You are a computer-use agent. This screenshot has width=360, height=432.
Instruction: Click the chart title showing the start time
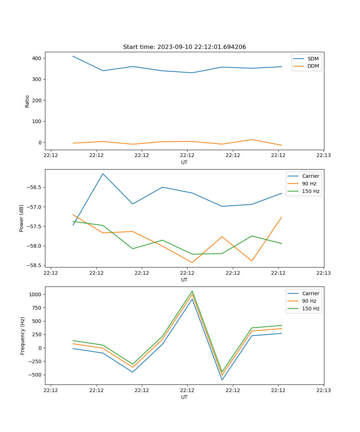point(184,47)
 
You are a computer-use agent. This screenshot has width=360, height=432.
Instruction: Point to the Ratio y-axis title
point(27,101)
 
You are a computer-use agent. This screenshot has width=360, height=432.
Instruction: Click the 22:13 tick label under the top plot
point(324,155)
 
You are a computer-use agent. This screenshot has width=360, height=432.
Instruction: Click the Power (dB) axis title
point(22,218)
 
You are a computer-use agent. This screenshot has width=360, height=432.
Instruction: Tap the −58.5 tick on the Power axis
point(35,265)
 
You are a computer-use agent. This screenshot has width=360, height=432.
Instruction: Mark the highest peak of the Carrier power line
point(103,174)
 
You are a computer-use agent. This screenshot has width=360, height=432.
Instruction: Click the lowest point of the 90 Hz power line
point(192,262)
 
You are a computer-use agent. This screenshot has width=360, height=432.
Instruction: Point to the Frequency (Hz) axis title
point(23,336)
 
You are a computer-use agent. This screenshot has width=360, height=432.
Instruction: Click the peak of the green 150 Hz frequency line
point(192,291)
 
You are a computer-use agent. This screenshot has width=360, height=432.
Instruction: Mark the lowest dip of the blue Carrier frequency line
point(222,380)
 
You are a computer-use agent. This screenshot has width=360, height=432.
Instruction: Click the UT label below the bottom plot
point(184,397)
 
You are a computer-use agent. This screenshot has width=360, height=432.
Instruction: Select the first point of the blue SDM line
point(73,56)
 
